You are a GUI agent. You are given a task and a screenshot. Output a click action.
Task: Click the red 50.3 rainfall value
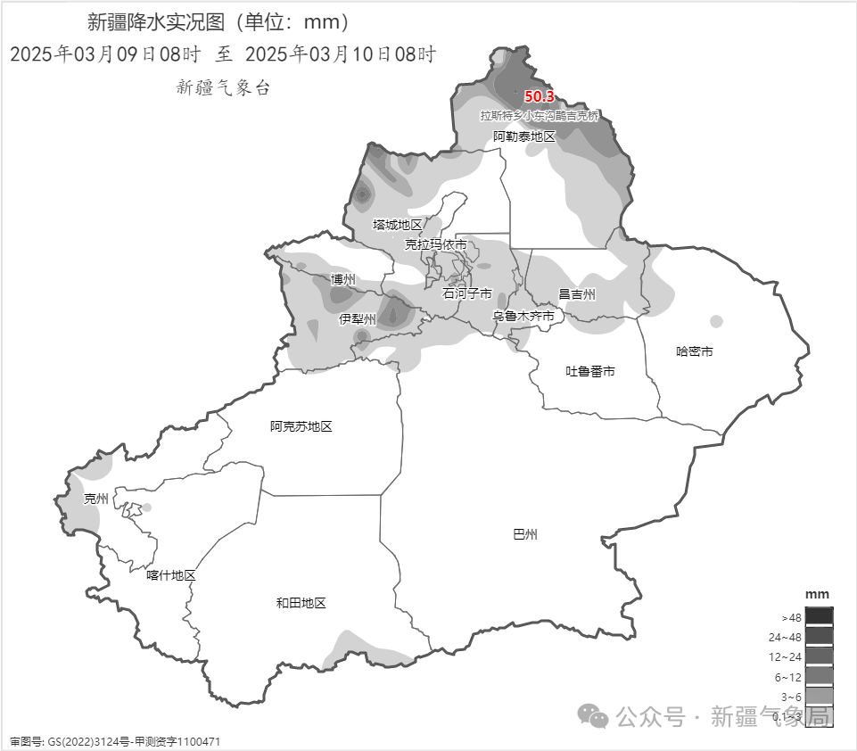pos(539,96)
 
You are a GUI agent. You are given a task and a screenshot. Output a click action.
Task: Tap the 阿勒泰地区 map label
pos(524,136)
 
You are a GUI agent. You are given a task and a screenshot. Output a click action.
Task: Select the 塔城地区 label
pos(398,224)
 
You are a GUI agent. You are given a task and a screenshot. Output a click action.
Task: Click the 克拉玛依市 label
pos(436,244)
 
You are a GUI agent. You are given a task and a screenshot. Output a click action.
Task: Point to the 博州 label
pos(342,279)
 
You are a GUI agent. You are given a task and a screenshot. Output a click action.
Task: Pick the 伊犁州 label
pos(358,318)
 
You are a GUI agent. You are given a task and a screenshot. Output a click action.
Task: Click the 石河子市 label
pos(467,293)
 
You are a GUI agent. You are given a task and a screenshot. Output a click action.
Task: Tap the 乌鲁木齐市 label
pos(523,316)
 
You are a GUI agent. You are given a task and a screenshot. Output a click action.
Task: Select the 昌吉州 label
pos(577,293)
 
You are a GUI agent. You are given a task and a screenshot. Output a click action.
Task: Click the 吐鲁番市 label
pos(590,371)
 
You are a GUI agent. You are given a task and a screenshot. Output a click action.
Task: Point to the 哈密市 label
pos(695,351)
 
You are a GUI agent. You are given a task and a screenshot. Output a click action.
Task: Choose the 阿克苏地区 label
pos(301,426)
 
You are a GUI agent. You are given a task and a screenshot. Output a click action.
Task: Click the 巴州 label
pos(526,534)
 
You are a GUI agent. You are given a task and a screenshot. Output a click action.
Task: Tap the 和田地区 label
pos(301,603)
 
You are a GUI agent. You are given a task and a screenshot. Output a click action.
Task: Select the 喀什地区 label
pos(171,575)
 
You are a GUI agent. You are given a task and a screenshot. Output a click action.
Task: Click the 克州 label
pos(95,499)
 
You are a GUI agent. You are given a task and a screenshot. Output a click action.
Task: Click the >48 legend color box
pos(819,616)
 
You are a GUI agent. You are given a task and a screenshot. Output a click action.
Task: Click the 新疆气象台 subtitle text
pos(223,87)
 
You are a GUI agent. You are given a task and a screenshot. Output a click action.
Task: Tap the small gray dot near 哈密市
pos(716,321)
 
